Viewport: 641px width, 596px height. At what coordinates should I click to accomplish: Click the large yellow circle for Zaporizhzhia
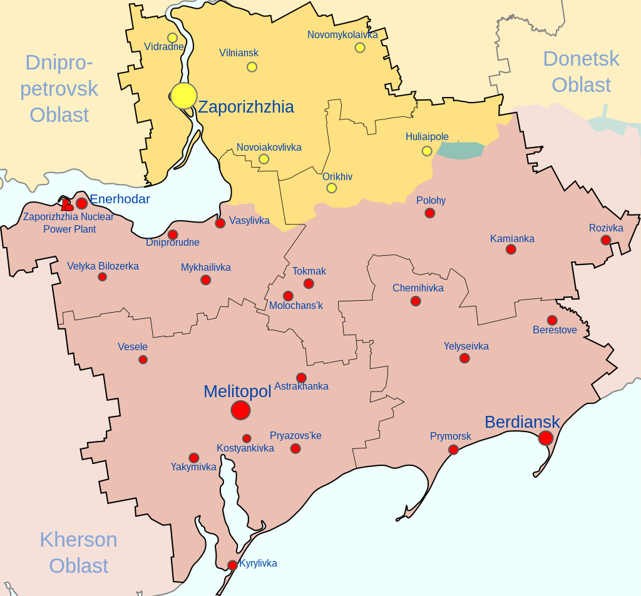point(183,96)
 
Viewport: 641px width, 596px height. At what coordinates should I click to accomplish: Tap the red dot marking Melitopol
point(240,410)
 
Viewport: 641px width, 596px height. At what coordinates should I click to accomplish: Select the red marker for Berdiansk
point(546,438)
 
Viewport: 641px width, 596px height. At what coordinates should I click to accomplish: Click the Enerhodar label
point(120,199)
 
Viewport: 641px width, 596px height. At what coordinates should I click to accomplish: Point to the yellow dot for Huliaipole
point(427,151)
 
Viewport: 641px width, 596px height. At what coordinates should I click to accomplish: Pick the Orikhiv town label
point(337,176)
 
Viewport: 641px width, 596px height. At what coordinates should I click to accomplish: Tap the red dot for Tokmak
point(309,283)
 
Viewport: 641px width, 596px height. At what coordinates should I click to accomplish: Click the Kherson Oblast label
point(78,552)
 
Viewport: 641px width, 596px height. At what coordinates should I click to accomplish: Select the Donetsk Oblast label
point(581,71)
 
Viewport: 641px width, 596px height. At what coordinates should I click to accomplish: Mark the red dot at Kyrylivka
point(232,565)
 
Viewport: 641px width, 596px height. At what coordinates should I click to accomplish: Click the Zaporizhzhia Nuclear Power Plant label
point(69,223)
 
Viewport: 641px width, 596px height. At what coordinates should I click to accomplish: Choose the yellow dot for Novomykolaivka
point(360,48)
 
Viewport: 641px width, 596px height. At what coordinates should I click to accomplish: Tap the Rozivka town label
point(606,228)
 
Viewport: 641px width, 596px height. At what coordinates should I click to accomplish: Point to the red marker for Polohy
point(429,213)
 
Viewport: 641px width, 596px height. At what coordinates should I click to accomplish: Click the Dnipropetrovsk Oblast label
point(59,88)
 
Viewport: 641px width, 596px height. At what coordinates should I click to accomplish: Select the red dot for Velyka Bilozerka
point(103,276)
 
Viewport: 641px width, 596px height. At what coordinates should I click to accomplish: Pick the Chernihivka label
point(418,288)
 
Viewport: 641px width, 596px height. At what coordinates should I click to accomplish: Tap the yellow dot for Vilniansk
point(252,67)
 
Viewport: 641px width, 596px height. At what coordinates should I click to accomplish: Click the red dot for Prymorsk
point(453,449)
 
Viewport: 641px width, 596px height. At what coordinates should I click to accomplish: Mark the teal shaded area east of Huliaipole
point(461,150)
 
